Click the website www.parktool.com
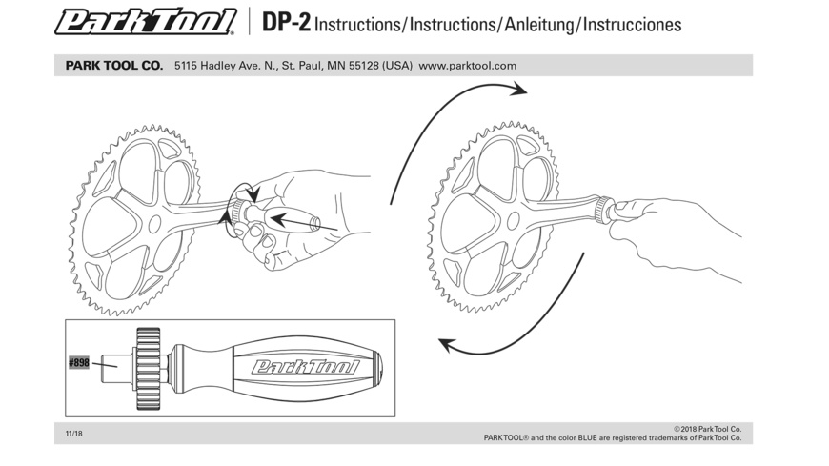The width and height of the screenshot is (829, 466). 468,66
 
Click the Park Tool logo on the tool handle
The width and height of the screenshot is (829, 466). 305,367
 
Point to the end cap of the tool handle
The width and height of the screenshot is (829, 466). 378,367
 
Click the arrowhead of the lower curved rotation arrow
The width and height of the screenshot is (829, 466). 451,347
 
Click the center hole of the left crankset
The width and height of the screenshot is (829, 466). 152,223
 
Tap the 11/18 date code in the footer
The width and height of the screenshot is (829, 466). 73,434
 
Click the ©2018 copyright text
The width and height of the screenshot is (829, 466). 707,429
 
